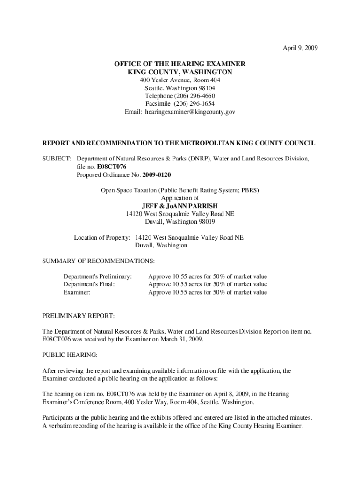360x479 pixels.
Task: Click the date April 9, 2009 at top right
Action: [x=300, y=48]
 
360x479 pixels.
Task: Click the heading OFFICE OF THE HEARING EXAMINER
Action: [x=180, y=64]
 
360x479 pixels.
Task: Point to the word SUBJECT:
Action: [x=57, y=159]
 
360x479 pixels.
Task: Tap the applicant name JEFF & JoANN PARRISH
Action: [x=180, y=206]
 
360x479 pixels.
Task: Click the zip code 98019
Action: [x=206, y=221]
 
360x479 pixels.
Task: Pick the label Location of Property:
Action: [x=101, y=237]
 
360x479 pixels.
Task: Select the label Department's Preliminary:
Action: [x=97, y=276]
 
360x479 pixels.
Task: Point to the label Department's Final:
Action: [x=89, y=284]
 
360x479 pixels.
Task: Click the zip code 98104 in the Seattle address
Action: [x=206, y=88]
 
